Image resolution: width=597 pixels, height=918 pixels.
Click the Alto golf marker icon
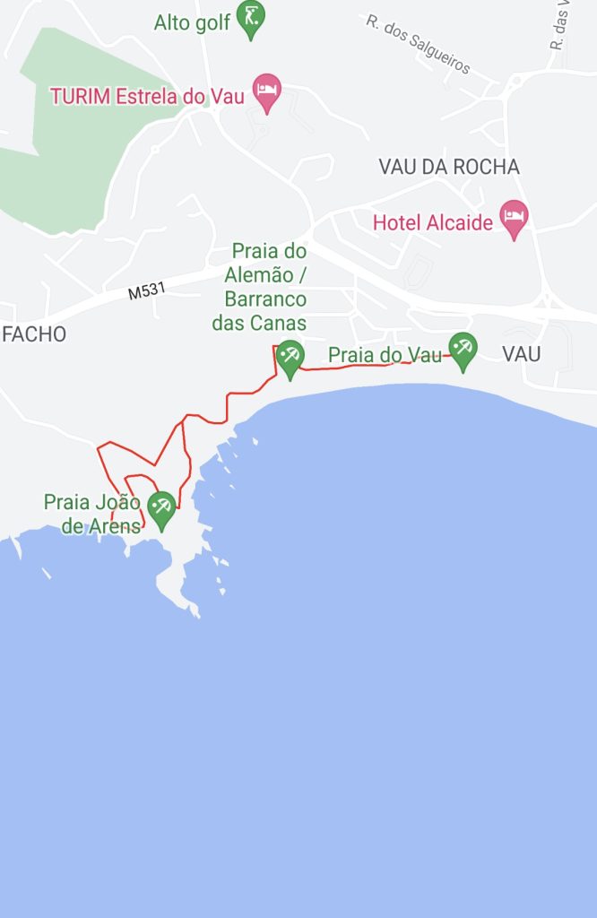click(251, 19)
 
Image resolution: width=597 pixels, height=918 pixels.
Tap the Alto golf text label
click(192, 22)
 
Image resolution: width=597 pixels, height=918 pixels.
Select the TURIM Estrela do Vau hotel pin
click(267, 91)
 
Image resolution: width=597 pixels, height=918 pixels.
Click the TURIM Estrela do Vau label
click(147, 96)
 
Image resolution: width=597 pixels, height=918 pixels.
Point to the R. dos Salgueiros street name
click(419, 44)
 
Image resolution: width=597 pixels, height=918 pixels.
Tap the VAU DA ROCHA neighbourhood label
click(449, 167)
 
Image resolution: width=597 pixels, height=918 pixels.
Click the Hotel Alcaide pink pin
click(514, 217)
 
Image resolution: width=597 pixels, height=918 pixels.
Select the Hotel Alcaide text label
click(433, 222)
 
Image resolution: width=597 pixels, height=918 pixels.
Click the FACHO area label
click(33, 334)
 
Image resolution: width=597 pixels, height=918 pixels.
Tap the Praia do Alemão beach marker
click(290, 358)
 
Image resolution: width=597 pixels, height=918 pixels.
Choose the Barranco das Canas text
click(259, 311)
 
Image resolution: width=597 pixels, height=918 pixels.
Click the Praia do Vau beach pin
click(463, 349)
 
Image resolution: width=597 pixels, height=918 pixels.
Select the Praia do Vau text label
click(385, 355)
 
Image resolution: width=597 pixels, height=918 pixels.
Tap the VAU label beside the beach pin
click(521, 353)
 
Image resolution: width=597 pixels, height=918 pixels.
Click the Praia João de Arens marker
click(161, 508)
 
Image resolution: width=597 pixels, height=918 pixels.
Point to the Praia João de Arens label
click(92, 514)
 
